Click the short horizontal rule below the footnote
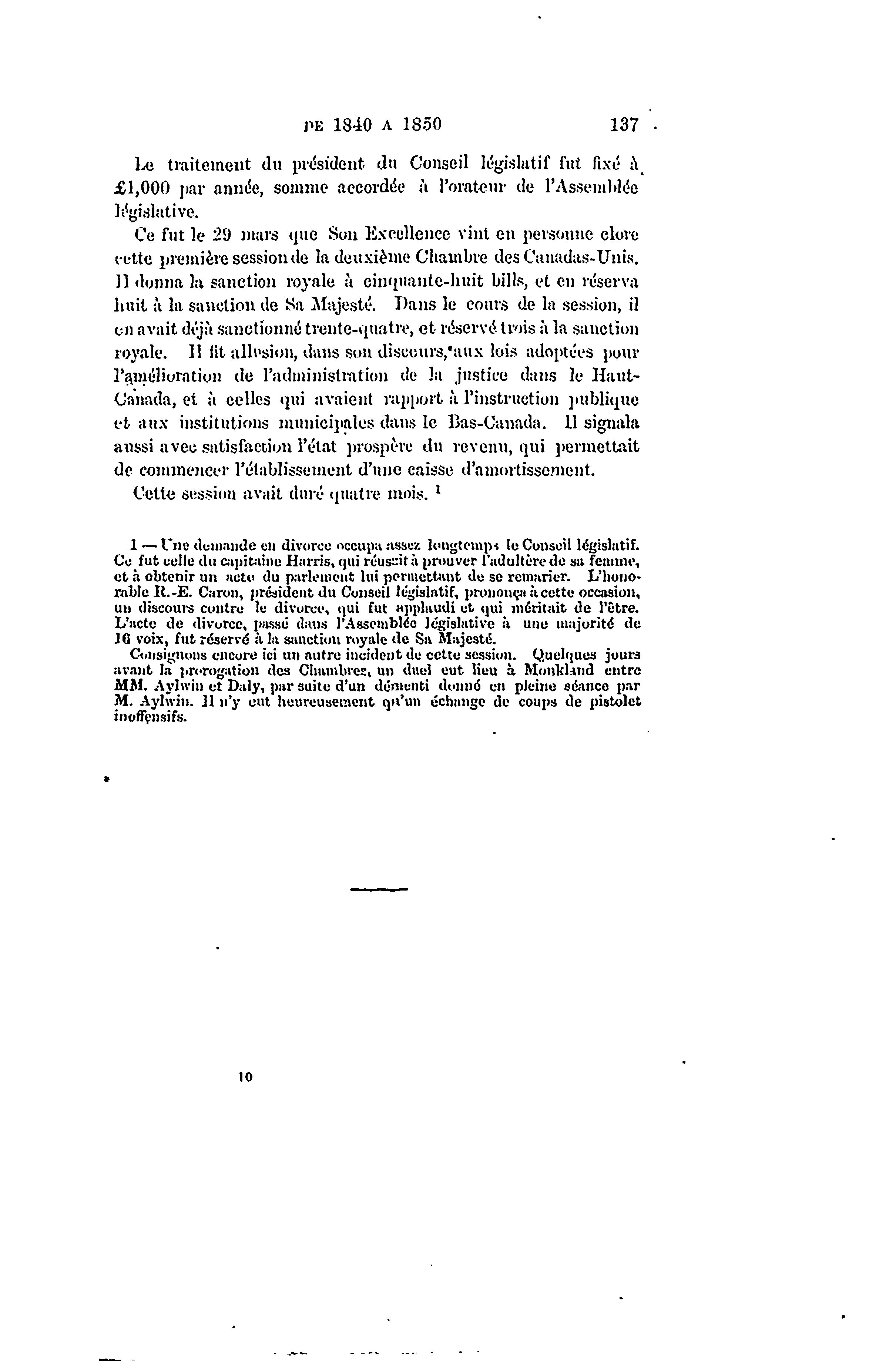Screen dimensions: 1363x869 (379, 889)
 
